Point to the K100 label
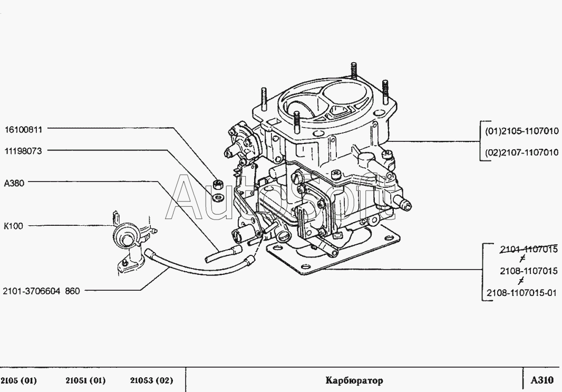coord(14,226)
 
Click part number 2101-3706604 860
coord(41,291)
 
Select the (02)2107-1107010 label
coord(521,152)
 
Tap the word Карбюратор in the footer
coord(354,380)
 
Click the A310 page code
coord(542,380)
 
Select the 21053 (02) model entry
coord(151,380)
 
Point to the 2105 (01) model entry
coord(19,380)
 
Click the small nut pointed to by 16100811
coord(217,184)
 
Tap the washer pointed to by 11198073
coord(217,197)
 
